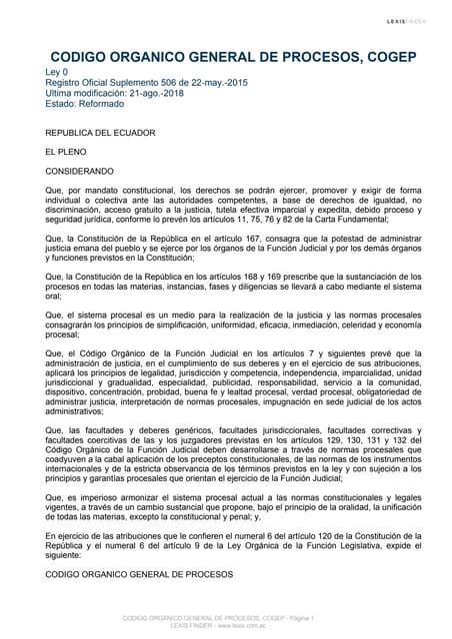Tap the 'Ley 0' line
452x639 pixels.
click(61, 73)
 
